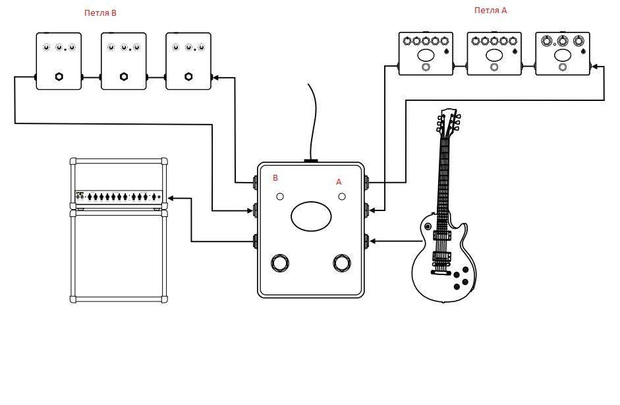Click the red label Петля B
[100, 13]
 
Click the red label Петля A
[490, 11]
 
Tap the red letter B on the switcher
[275, 178]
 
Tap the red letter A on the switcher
[339, 182]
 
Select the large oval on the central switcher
[311, 216]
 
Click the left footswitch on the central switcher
[280, 263]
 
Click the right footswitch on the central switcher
[342, 263]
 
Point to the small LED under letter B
[280, 197]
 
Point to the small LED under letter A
[342, 197]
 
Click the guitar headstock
[449, 122]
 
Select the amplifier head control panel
[119, 197]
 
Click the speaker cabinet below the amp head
[119, 256]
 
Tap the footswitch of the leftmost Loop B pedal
[59, 77]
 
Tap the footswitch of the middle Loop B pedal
[124, 77]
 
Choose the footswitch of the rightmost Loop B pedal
[188, 77]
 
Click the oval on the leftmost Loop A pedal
[426, 55]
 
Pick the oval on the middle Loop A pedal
[494, 55]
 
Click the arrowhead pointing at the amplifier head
[171, 198]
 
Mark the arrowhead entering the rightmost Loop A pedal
[594, 67]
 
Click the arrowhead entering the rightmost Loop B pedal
[215, 78]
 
